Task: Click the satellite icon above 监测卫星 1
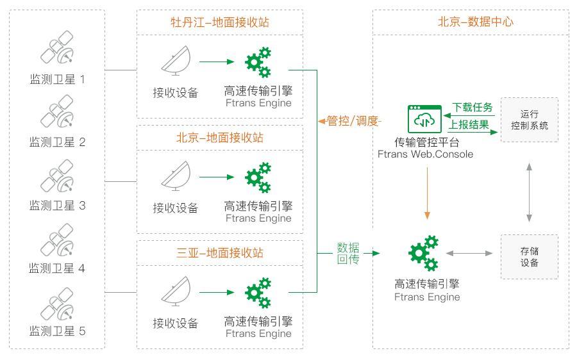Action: (x=57, y=49)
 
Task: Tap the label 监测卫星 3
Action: (x=57, y=206)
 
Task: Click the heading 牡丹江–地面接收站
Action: (x=220, y=22)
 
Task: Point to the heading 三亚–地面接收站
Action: (x=220, y=253)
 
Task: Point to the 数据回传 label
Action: (x=348, y=254)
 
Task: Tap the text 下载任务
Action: (x=472, y=107)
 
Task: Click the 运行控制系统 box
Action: (x=530, y=120)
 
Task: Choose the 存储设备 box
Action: (x=530, y=257)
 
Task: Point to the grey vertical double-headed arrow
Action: (x=530, y=191)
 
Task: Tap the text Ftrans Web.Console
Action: (x=426, y=154)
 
